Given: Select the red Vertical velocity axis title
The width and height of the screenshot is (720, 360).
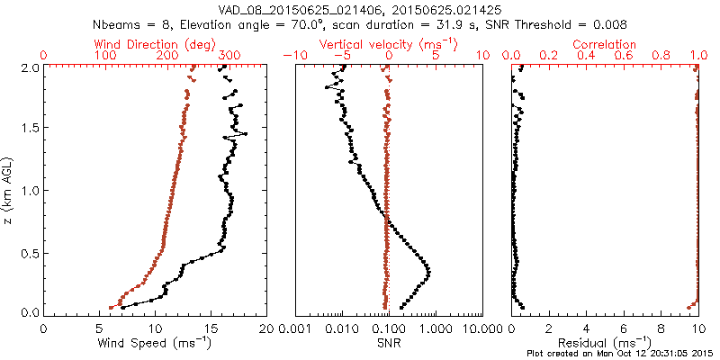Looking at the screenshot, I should (387, 44).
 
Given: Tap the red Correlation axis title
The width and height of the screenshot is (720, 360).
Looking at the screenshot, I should (605, 44).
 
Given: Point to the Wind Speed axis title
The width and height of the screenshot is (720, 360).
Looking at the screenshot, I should (155, 343).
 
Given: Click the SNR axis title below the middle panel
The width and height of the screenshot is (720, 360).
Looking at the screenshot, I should (387, 343).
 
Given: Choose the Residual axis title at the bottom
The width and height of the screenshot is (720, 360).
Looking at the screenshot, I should (605, 343).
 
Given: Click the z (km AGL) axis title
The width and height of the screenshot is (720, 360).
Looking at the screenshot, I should (10, 190).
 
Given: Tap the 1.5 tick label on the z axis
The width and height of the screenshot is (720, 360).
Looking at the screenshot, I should (29, 129).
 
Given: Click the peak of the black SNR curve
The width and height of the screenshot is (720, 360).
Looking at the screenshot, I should (428, 272).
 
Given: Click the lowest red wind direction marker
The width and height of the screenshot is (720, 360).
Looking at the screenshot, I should (111, 307).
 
